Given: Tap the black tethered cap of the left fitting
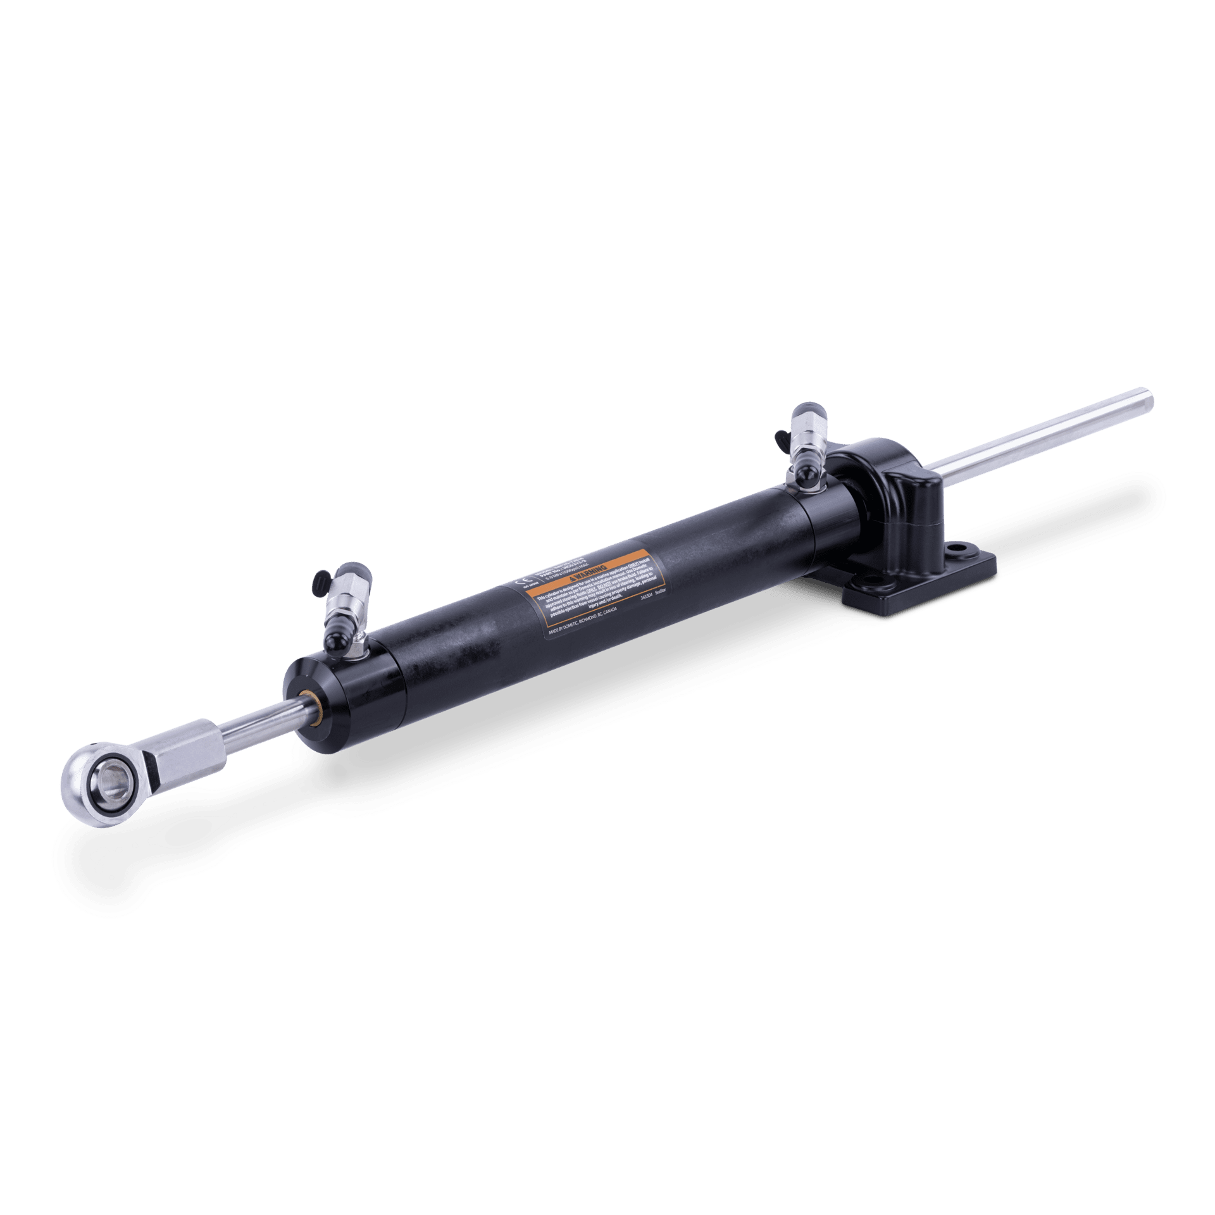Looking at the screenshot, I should pyautogui.click(x=320, y=578).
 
